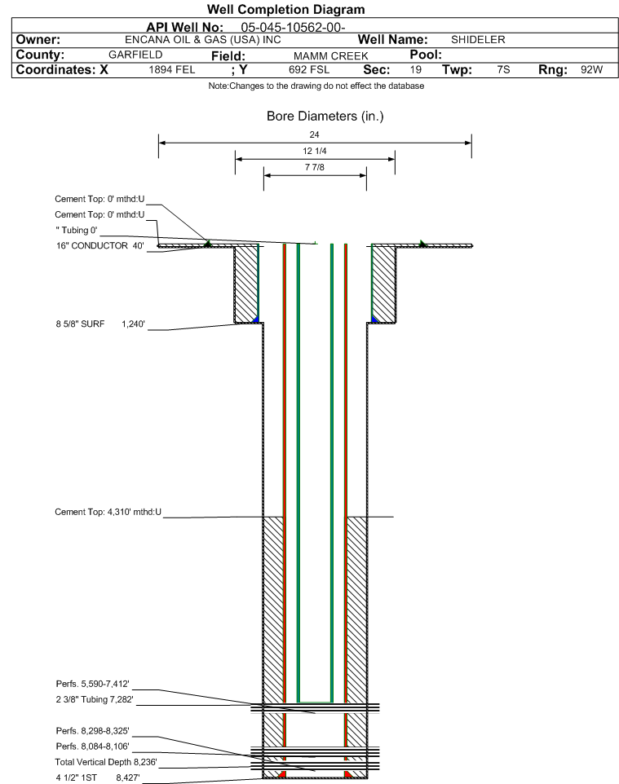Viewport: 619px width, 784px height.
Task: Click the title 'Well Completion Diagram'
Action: [x=285, y=10]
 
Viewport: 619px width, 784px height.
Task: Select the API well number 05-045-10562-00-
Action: [x=294, y=28]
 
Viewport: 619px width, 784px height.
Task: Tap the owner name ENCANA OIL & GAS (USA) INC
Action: [x=203, y=40]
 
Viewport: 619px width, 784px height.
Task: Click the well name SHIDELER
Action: [x=478, y=39]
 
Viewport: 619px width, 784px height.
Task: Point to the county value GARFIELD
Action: [x=135, y=55]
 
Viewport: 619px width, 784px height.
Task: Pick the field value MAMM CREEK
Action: [x=331, y=56]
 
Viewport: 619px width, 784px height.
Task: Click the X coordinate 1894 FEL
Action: [x=171, y=69]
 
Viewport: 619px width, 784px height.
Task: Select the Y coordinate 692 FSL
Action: [x=309, y=69]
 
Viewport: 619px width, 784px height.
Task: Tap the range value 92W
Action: [x=591, y=69]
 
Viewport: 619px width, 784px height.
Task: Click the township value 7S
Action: [x=503, y=69]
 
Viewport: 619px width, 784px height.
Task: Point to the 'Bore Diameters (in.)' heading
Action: [x=325, y=117]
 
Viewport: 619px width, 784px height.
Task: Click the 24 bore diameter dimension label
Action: [x=314, y=134]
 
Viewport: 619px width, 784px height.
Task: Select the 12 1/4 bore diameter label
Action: [x=315, y=151]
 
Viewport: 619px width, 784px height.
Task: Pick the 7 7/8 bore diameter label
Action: [x=315, y=167]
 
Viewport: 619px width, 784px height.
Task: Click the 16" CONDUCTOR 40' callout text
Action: [x=100, y=245]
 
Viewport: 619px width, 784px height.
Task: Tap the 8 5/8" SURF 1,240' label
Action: [x=100, y=324]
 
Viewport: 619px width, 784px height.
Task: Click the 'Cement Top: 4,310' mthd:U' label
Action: [x=108, y=512]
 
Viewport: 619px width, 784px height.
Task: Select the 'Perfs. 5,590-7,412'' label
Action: [x=93, y=684]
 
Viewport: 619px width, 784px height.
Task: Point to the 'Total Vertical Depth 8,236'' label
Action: [x=106, y=762]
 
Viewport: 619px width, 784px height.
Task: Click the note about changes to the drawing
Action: [x=316, y=86]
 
